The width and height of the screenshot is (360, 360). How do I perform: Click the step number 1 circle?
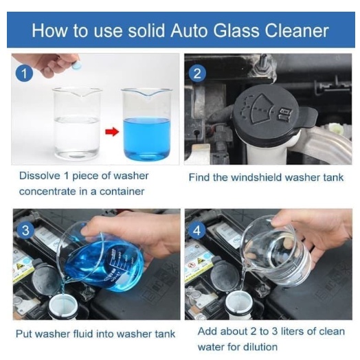click(24, 74)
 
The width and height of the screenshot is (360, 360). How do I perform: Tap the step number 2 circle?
click(197, 74)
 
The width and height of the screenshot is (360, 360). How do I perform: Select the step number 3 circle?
click(25, 230)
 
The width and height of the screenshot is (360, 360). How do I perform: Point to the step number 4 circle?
click(197, 230)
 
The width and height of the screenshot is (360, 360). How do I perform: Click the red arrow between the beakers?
click(112, 132)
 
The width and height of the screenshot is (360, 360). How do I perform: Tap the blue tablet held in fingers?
click(76, 65)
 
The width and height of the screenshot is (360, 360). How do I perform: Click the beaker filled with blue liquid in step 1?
click(147, 124)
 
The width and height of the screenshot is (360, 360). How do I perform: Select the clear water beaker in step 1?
click(77, 124)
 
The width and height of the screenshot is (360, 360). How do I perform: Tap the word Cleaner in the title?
click(297, 30)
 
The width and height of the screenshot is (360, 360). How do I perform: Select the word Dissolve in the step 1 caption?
click(39, 176)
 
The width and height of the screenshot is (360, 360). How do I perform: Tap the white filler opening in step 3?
click(63, 306)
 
